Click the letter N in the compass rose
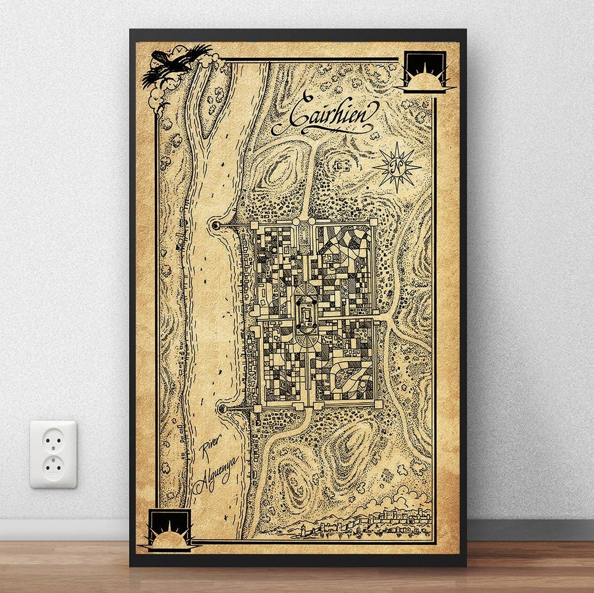click(x=396, y=166)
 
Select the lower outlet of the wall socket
click(x=53, y=466)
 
